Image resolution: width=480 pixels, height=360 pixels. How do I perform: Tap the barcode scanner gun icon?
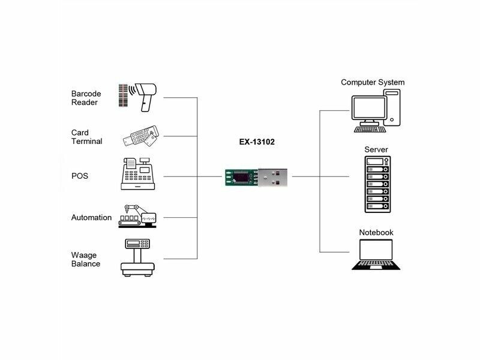click(146, 95)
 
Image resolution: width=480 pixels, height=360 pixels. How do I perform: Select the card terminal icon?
click(140, 136)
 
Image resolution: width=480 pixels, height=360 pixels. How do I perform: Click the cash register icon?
click(137, 174)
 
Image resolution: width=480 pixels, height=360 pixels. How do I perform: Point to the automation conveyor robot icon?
click(137, 215)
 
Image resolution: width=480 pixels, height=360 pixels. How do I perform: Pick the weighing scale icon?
click(137, 257)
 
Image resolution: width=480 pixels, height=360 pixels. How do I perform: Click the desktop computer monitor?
click(369, 110)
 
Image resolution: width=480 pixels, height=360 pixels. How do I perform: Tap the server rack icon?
click(377, 184)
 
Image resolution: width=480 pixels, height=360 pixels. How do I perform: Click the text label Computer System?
click(373, 82)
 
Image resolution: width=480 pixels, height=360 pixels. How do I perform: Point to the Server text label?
click(376, 149)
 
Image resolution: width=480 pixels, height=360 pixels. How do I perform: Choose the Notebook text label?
click(376, 232)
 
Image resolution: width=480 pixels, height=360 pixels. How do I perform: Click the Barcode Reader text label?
click(86, 98)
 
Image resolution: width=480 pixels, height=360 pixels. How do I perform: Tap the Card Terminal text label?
click(86, 137)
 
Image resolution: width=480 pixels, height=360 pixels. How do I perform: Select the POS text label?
click(80, 176)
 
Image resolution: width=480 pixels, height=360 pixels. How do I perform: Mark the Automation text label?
click(91, 218)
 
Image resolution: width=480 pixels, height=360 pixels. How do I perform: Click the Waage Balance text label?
click(85, 259)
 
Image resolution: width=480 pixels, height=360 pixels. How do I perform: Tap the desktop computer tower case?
click(392, 108)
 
